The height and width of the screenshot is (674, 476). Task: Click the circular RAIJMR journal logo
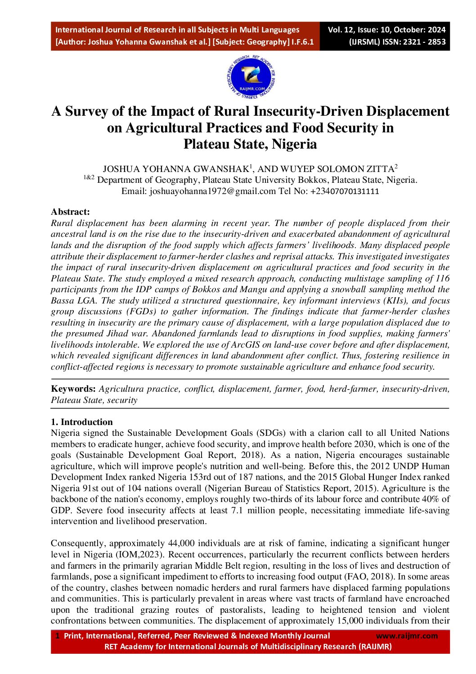click(x=251, y=77)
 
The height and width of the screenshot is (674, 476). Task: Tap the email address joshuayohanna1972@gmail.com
click(x=212, y=191)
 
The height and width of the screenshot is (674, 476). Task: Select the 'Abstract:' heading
click(x=70, y=212)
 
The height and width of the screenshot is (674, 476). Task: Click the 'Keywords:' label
click(x=73, y=389)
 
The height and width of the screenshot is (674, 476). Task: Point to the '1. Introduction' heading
click(x=81, y=422)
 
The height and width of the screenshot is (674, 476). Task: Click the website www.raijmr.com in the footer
click(x=406, y=636)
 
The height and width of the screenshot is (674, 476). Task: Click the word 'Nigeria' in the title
click(x=294, y=144)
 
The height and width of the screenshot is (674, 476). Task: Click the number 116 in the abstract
click(x=443, y=279)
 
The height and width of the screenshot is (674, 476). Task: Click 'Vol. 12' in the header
click(x=341, y=30)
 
